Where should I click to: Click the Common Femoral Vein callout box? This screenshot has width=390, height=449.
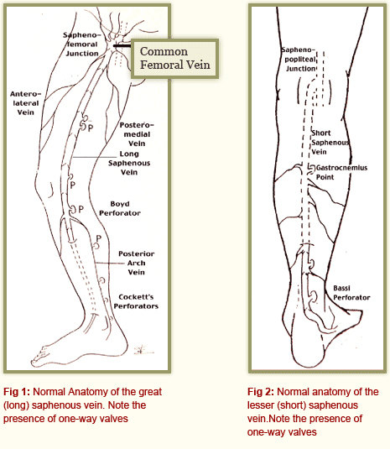(174, 59)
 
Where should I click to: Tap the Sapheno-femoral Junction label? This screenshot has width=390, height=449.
(82, 44)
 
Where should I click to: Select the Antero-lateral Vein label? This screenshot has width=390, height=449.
(25, 103)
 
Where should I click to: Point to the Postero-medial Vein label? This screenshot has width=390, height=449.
(137, 134)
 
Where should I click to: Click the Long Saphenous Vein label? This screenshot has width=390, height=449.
(129, 163)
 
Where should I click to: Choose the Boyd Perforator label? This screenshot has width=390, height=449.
(120, 208)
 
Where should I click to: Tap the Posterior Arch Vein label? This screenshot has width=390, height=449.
(136, 263)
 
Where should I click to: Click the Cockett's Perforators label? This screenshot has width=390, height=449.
(136, 301)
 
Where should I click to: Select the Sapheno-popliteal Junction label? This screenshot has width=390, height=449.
(299, 60)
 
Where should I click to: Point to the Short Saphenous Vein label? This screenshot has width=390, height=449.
(330, 143)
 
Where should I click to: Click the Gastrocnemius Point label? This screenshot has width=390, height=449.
(341, 172)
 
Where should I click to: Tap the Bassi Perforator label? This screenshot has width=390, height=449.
(351, 293)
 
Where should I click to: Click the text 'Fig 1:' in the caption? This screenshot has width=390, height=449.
(17, 392)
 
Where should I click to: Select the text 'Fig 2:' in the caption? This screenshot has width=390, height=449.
(261, 392)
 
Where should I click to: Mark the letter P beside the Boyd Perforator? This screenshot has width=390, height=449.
(81, 209)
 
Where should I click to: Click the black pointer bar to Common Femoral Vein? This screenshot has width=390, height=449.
(122, 45)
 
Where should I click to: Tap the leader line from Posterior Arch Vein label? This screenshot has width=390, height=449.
(110, 264)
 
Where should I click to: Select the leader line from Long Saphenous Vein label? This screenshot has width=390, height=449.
(95, 157)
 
